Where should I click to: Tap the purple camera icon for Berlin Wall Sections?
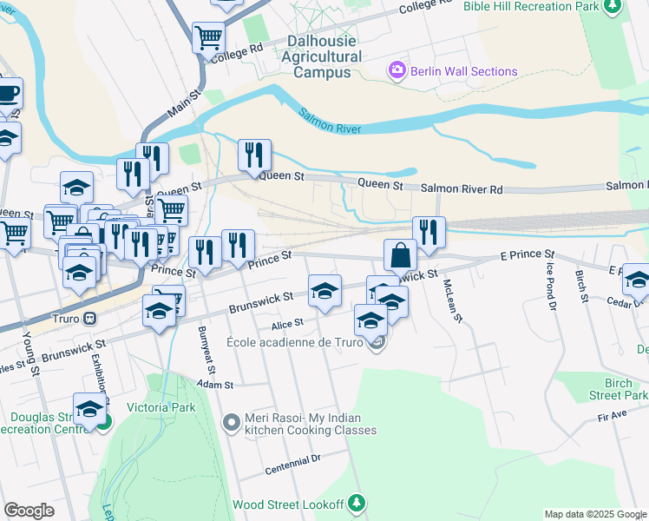point(397,69)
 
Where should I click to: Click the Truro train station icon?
point(88,318)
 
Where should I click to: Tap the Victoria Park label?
point(161,406)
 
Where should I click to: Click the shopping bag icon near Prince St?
point(401,256)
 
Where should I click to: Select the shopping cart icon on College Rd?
point(209,38)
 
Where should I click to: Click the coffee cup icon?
point(8,93)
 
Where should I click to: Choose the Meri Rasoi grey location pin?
point(231,422)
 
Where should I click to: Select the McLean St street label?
point(453,300)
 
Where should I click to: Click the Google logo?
point(29,510)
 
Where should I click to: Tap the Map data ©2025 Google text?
point(594,514)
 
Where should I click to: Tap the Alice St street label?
point(286,323)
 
